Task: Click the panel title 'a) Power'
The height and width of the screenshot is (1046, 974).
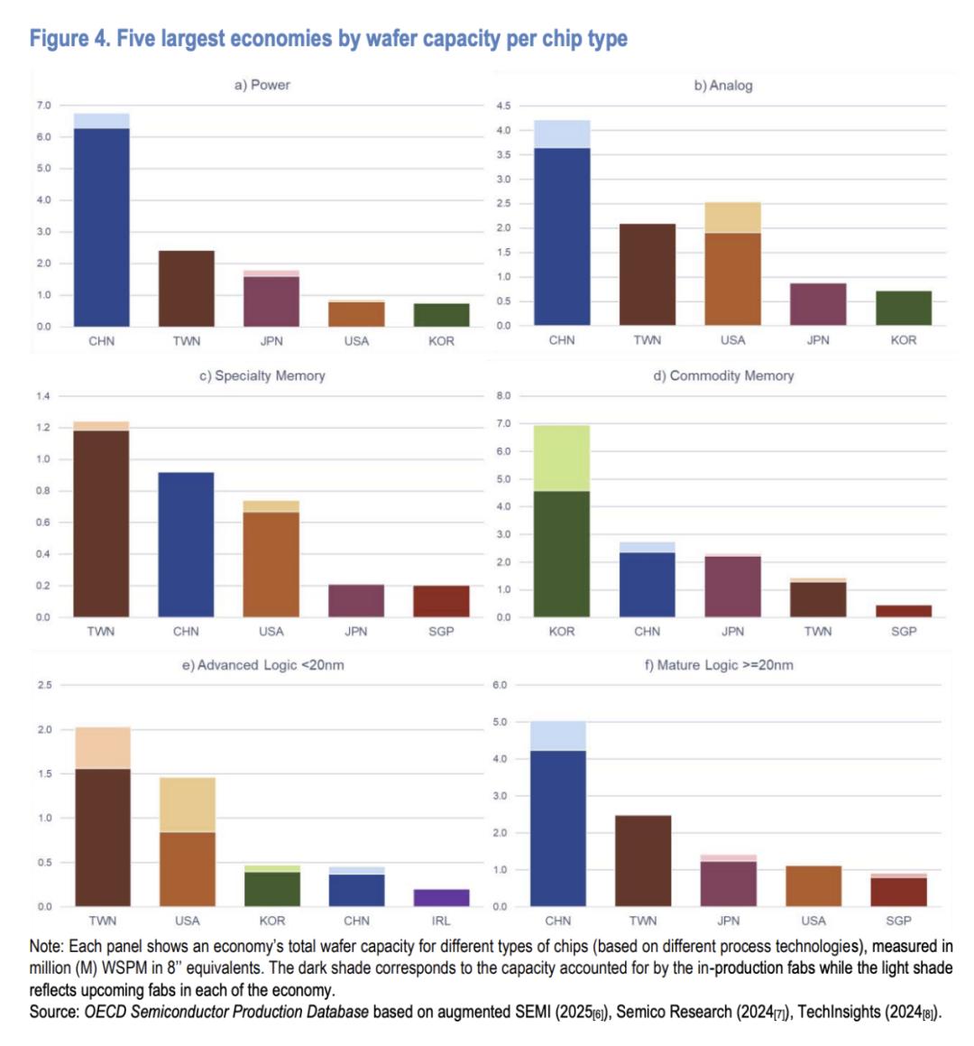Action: tap(262, 85)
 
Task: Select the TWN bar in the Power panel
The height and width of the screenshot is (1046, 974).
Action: tap(187, 288)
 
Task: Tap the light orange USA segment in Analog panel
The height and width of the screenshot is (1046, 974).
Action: tap(732, 218)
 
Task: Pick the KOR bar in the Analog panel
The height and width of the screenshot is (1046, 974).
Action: tap(903, 308)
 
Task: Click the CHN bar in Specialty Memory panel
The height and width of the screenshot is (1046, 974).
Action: tap(186, 544)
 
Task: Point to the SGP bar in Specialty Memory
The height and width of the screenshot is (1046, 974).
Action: tap(441, 601)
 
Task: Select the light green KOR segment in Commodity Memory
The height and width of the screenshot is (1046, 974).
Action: tap(562, 458)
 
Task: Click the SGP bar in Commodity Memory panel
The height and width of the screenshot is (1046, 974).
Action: tap(904, 611)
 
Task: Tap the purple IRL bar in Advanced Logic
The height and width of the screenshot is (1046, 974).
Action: tap(441, 898)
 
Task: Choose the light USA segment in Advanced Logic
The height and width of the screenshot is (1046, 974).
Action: tap(187, 805)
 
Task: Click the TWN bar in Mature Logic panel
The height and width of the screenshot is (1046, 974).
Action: tap(643, 861)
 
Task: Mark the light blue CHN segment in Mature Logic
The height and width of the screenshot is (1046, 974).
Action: tap(557, 736)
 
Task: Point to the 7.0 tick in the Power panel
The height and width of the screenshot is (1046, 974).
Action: tap(43, 106)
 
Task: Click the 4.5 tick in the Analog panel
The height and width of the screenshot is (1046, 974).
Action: tap(503, 106)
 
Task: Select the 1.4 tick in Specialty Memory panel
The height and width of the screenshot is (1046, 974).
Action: tap(43, 396)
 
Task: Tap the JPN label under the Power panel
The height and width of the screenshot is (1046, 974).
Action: tap(271, 341)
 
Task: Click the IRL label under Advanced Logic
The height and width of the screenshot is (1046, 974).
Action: tap(441, 921)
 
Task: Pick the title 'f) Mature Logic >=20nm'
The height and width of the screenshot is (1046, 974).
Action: tap(719, 665)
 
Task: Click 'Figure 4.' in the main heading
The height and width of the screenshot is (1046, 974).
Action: tap(69, 39)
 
